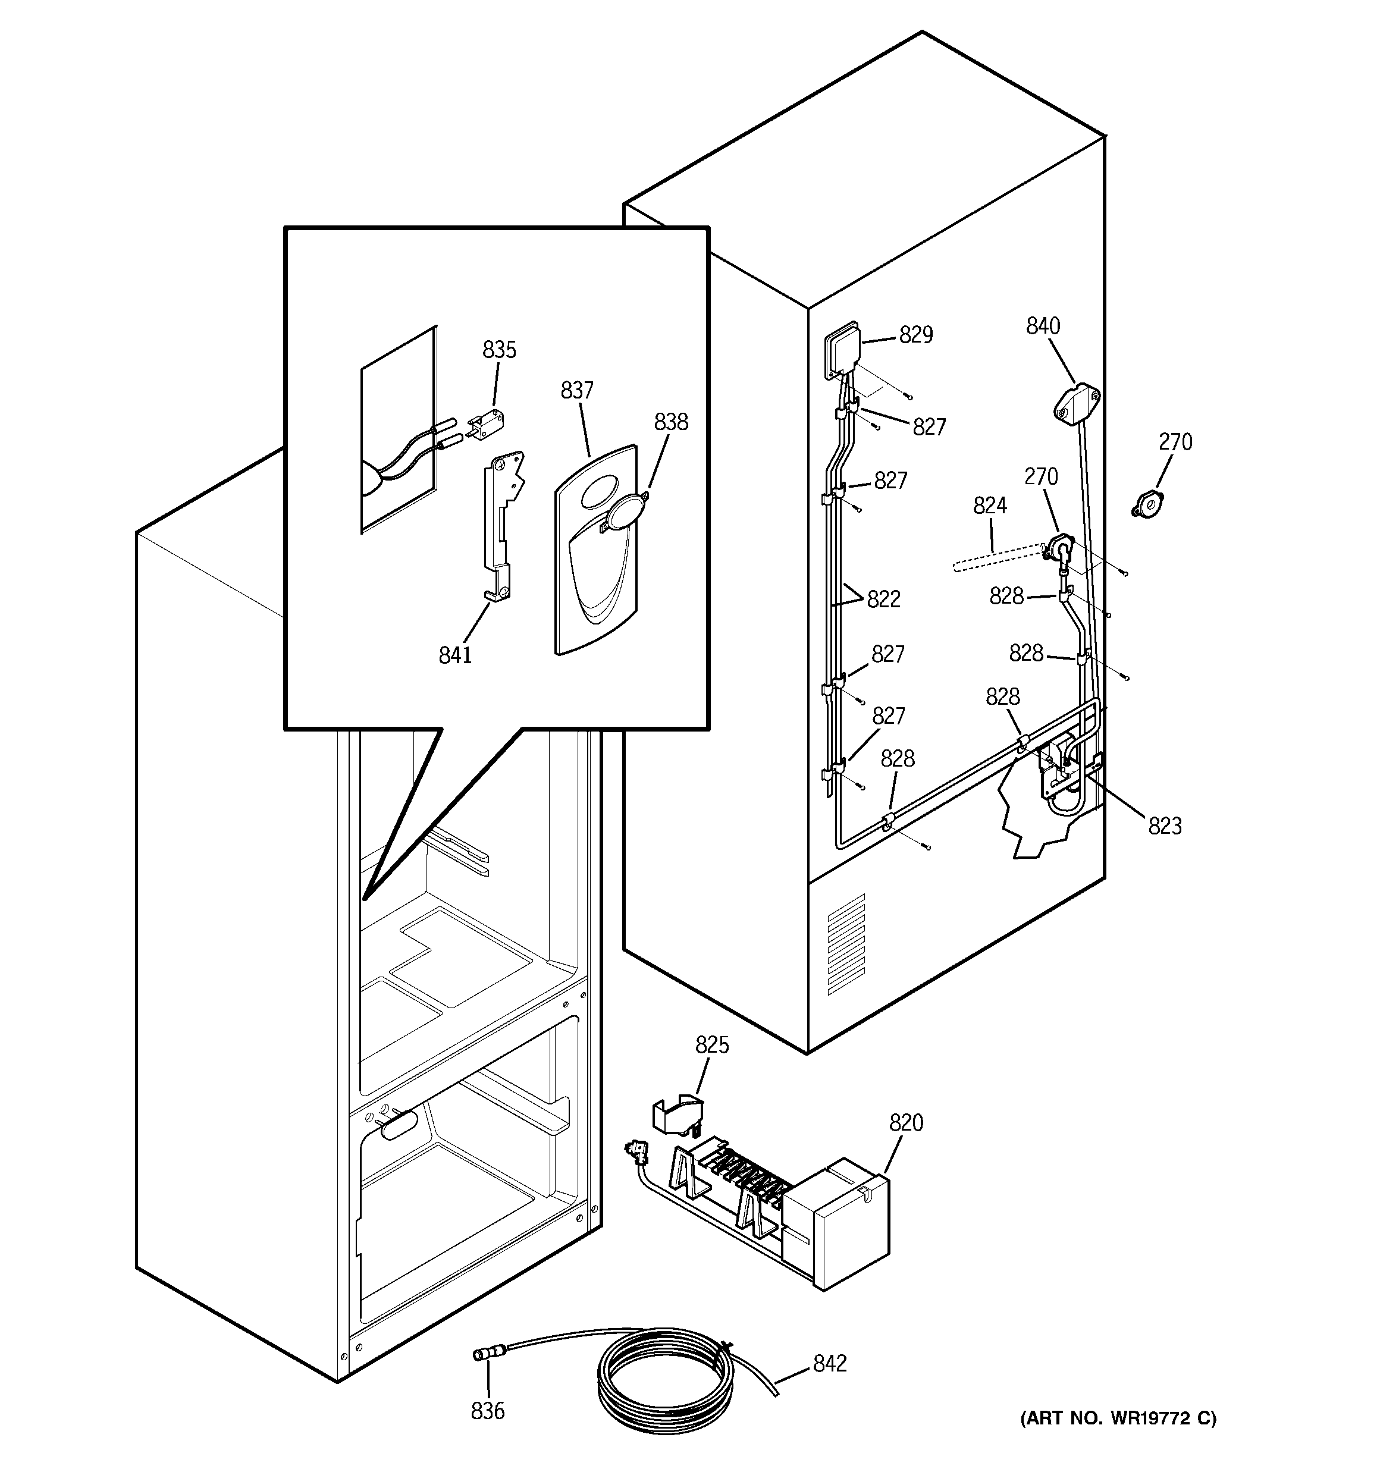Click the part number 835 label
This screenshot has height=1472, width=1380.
499,350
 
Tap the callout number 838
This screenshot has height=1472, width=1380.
670,422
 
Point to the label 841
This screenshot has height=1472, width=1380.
455,655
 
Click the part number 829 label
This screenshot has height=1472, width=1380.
915,335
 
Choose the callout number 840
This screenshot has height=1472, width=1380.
1043,326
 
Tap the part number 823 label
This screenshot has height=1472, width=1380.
1165,826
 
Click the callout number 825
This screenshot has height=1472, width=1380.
712,1045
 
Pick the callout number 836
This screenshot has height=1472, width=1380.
487,1411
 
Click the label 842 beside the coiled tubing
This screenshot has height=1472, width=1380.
830,1363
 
